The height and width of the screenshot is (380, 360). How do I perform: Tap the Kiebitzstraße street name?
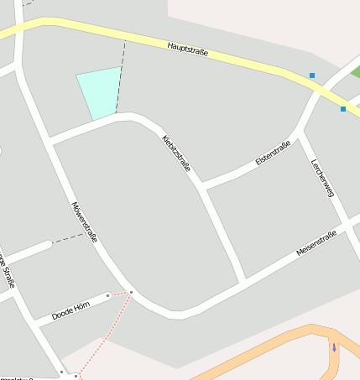[176, 152]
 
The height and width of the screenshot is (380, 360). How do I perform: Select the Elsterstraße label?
[273, 154]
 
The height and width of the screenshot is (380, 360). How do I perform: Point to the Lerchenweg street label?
[322, 178]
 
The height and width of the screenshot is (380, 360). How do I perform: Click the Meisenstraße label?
[316, 243]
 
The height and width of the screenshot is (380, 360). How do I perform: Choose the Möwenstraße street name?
[85, 222]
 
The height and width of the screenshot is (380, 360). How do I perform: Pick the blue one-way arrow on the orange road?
[334, 346]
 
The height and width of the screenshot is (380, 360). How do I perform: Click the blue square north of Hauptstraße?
[312, 75]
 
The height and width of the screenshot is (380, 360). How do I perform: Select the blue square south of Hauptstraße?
[342, 109]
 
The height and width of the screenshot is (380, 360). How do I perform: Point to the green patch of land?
[355, 72]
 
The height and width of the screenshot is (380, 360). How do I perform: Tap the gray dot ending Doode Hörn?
[108, 295]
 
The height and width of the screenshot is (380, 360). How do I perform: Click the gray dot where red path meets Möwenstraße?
[131, 292]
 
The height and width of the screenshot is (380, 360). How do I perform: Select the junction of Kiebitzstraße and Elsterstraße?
[201, 185]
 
